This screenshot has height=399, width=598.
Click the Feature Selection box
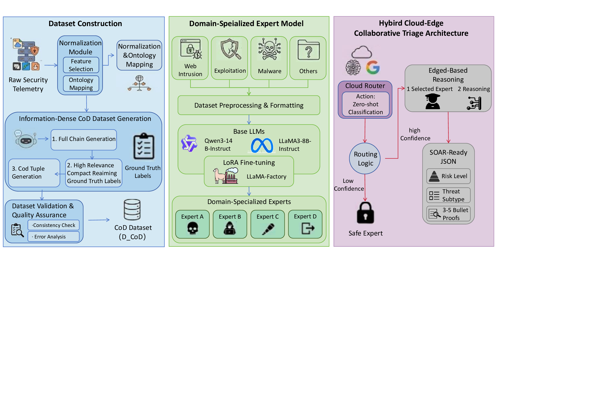[x=81, y=65]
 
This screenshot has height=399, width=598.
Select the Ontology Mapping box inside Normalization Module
[x=81, y=84]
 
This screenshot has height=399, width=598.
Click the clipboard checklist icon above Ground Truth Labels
[x=144, y=146]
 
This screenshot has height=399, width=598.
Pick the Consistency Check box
[x=54, y=225]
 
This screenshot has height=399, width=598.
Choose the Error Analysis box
[x=54, y=237]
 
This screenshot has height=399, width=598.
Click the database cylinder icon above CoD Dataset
[x=132, y=210]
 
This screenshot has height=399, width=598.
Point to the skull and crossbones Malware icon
[x=269, y=49]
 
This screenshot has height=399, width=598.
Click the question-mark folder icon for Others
[x=308, y=50]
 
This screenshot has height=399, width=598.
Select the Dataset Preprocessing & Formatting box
[x=249, y=105]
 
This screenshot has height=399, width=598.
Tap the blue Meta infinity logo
[x=262, y=145]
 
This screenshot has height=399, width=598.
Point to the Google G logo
[x=373, y=67]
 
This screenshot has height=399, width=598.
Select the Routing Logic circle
[x=365, y=159]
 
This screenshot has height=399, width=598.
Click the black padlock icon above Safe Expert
[x=365, y=213]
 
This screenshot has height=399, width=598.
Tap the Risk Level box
[x=448, y=176]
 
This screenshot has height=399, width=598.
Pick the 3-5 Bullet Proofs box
[x=448, y=214]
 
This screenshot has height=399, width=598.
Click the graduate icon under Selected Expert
[x=432, y=102]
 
